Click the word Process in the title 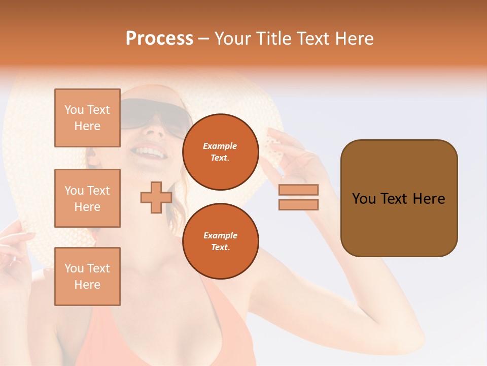tap(159, 38)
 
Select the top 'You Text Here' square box tap(87, 118)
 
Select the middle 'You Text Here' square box tap(87, 198)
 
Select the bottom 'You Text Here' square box tap(87, 277)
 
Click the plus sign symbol tap(156, 197)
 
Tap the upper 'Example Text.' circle tap(220, 152)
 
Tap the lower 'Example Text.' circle tap(220, 241)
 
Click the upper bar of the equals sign tap(298, 190)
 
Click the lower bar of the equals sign tap(298, 204)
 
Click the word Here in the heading tap(352, 38)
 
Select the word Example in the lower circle tap(220, 235)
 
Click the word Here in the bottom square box tap(87, 285)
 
